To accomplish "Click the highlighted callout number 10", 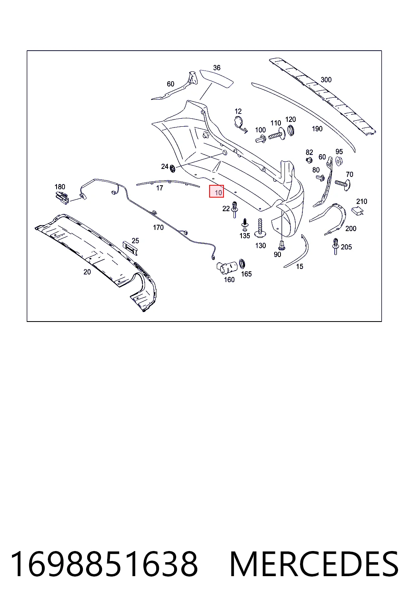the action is tap(218, 192).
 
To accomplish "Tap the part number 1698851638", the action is tap(104, 564).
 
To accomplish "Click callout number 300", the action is tap(326, 80).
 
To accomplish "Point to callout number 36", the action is tap(217, 68).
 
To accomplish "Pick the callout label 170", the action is tap(158, 228).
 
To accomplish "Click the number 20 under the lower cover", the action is tap(87, 272).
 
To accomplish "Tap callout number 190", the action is tap(317, 129).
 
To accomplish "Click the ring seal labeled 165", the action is tap(242, 264).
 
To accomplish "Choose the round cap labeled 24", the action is tap(173, 169).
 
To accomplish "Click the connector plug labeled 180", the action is tap(62, 198).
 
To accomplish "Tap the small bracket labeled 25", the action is tap(130, 248).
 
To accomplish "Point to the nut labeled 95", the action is tap(339, 161).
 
